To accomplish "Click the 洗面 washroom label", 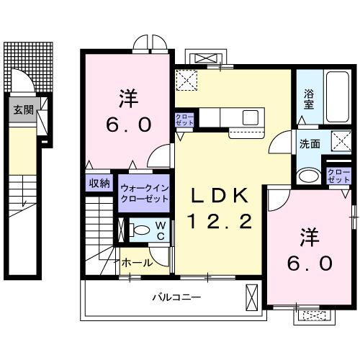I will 310,143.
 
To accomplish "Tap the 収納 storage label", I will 99,184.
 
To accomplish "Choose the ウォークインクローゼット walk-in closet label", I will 144,193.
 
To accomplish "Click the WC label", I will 161,230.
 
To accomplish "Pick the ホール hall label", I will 137,263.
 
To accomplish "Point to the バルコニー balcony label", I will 176,297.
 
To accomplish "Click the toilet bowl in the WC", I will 140,230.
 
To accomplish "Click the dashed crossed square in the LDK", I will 187,80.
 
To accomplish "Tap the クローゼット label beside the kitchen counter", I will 183,121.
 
